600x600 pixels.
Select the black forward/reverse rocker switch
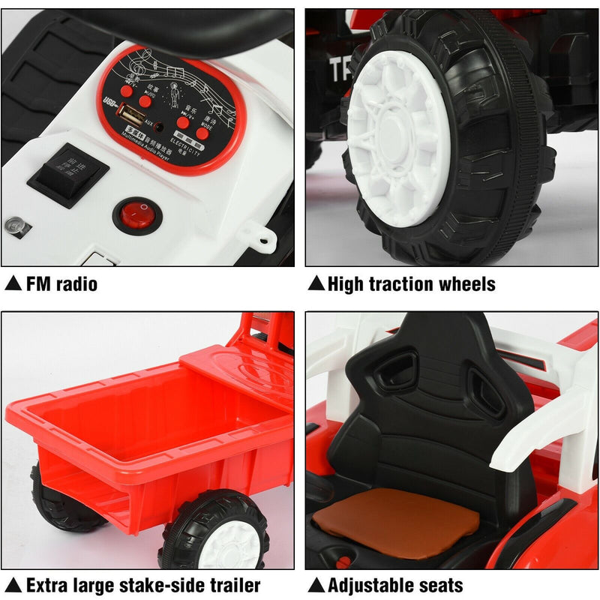[x=68, y=175]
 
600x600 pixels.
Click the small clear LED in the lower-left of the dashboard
[x=13, y=224]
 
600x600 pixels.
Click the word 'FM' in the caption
[x=39, y=284]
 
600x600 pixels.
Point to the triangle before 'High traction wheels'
[x=316, y=283]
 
